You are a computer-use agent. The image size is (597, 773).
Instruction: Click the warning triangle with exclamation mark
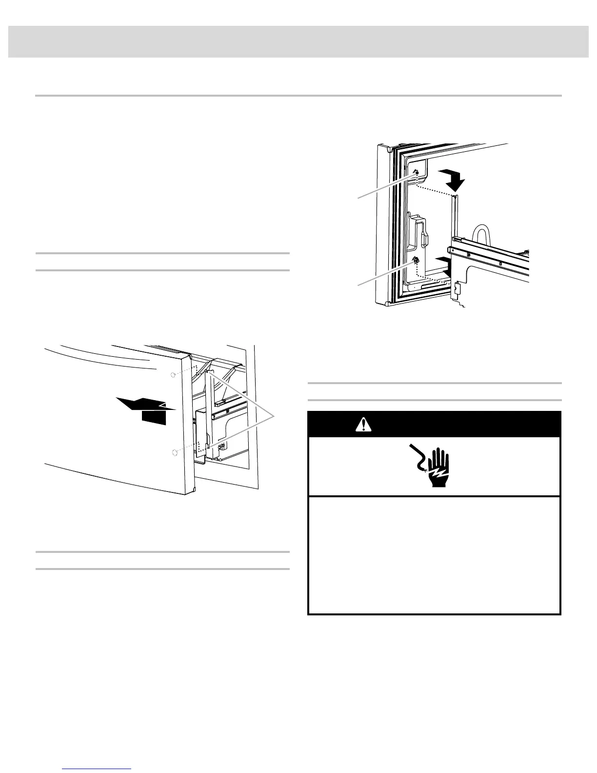click(x=362, y=424)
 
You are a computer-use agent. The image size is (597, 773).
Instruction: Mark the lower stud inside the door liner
click(x=416, y=261)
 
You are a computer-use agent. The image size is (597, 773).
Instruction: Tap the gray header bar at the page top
click(x=298, y=42)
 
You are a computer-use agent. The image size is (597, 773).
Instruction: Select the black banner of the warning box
click(x=434, y=424)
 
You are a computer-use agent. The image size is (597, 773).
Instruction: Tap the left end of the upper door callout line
click(x=358, y=198)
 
